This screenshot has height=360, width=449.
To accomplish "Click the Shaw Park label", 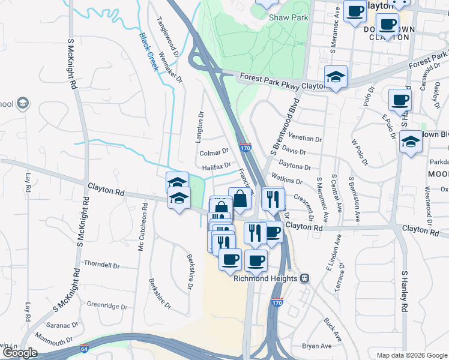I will coord(288,17).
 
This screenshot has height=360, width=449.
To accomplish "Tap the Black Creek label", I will coord(149,52).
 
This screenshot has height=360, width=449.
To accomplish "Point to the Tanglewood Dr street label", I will coord(169,36).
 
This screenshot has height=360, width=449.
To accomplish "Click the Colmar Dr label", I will coord(214,152).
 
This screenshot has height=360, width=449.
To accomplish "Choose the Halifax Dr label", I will coord(217,166).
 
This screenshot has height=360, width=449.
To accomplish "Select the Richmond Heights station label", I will coord(265,278).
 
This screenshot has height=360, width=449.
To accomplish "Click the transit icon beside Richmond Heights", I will coord(305,278).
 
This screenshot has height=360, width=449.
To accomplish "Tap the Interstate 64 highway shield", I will coord(83,349).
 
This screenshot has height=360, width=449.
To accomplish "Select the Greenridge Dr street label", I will coord(107,306).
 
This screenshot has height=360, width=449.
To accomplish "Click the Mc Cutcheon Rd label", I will coord(143,233).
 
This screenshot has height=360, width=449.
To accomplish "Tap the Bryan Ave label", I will coord(317,346).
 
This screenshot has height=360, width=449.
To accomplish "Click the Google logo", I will coord(20,353).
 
